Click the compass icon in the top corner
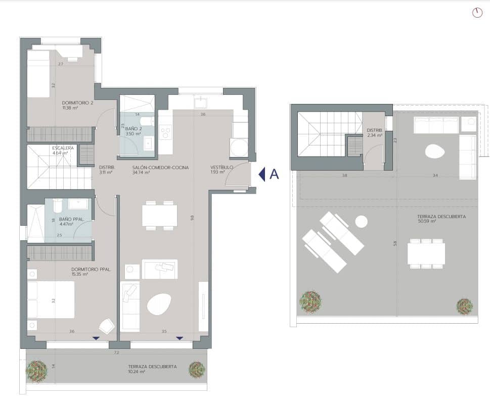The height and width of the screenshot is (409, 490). (477, 13)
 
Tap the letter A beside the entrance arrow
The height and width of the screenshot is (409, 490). (275, 174)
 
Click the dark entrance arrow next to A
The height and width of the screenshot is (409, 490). (262, 174)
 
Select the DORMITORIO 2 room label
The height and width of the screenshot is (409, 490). (77, 103)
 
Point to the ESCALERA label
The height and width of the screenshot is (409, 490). (63, 148)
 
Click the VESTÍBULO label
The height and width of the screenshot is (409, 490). (222, 167)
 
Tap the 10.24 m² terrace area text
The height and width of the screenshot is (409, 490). (136, 372)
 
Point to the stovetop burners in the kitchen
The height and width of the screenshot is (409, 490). (165, 132)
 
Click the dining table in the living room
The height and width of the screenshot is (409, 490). (159, 216)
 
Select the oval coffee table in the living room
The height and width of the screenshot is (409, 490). (159, 304)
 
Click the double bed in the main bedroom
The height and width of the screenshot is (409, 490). (51, 299)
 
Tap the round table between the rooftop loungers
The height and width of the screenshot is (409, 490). (361, 221)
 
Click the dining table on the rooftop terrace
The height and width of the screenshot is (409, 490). (426, 253)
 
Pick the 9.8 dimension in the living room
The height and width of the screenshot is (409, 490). (192, 218)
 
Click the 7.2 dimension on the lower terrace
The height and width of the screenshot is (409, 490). (116, 352)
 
